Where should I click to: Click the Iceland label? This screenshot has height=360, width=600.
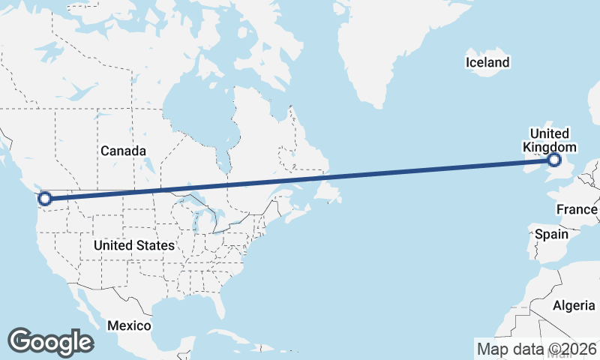point(487,62)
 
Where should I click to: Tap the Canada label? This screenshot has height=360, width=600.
point(123,151)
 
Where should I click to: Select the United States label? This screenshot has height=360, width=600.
point(134,245)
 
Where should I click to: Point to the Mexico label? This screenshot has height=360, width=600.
point(129,325)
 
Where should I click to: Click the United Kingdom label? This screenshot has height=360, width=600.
point(550,140)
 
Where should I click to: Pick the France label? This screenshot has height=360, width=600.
point(577,209)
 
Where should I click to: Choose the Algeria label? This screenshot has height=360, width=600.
point(573,305)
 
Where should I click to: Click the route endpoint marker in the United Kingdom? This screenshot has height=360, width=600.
point(554,160)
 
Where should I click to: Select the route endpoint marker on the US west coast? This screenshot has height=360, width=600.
point(44,199)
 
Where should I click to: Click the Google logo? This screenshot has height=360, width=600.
point(50,342)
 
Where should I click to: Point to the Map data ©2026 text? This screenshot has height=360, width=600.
point(537,349)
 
